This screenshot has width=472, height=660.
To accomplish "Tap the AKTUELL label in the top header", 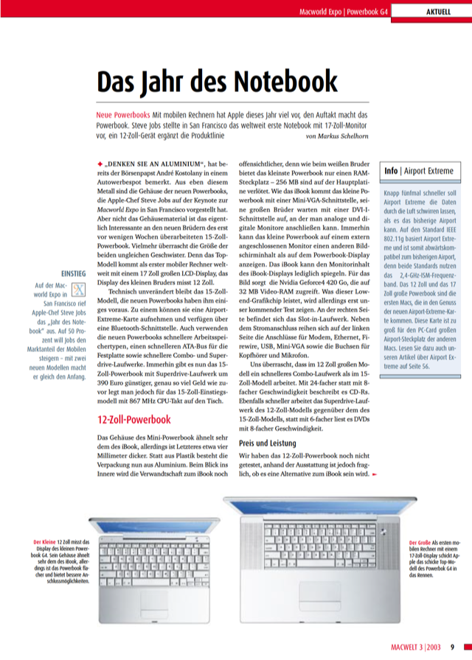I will [x=440, y=12].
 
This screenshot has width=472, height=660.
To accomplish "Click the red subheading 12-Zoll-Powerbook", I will [x=133, y=421].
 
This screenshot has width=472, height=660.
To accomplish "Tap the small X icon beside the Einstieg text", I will [x=80, y=289].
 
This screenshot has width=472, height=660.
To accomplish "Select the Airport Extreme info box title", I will [x=419, y=171].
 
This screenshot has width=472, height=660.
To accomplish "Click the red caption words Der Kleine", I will [x=48, y=543].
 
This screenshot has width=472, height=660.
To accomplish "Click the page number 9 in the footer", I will [x=453, y=648].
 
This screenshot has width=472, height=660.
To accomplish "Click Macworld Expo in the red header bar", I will [x=321, y=12].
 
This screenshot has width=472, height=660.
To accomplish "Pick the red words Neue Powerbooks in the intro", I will [x=122, y=116].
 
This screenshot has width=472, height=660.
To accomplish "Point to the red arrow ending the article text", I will [x=375, y=474].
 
